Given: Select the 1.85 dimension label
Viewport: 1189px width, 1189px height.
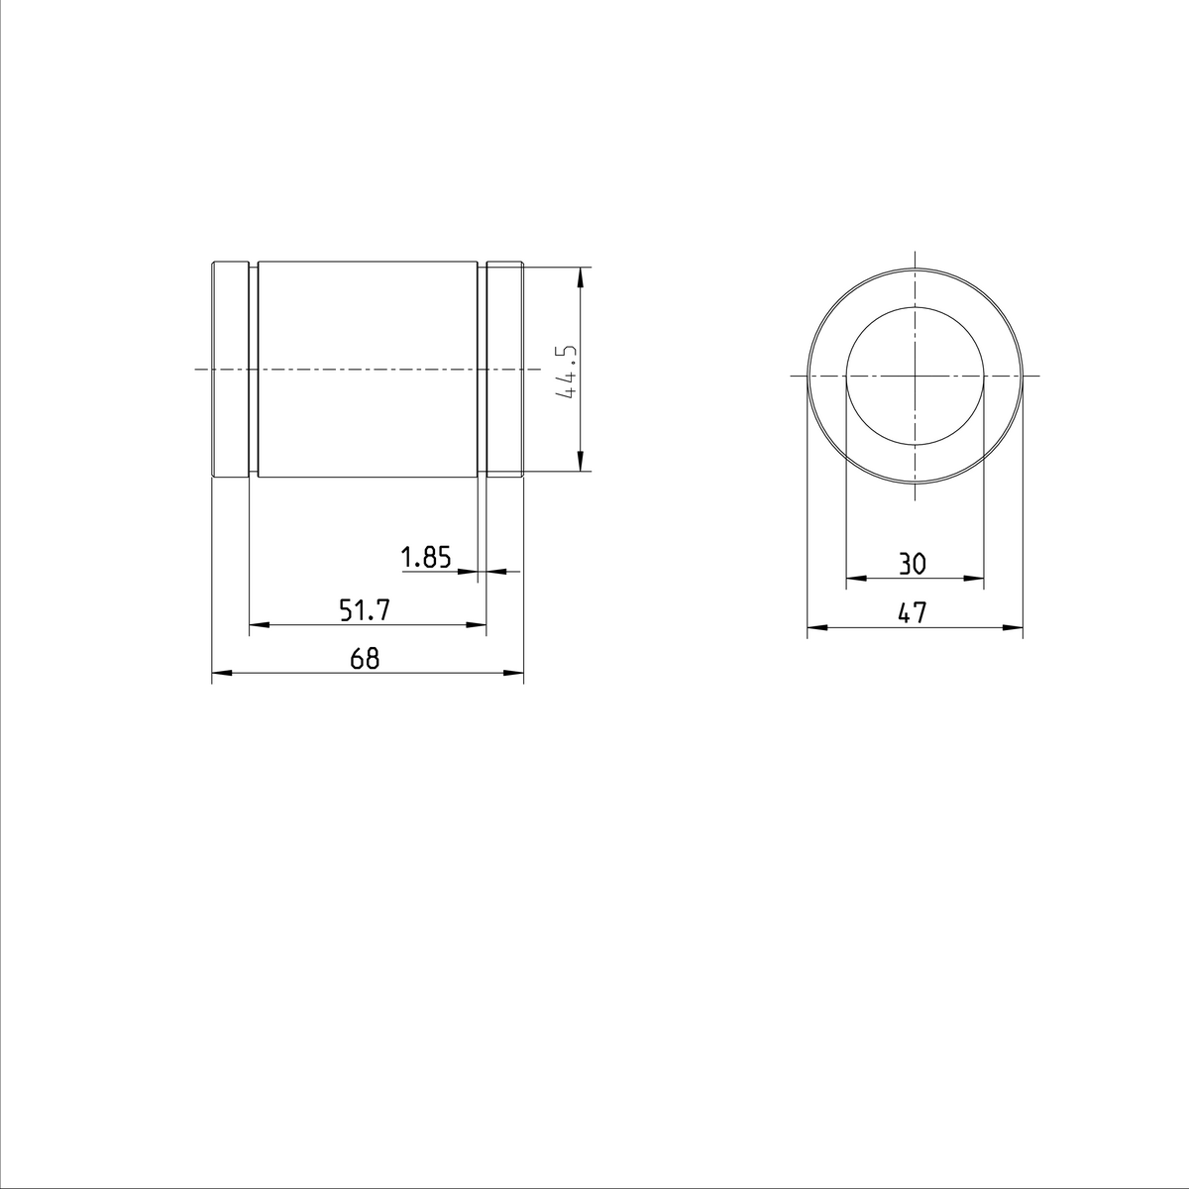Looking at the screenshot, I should (x=426, y=558).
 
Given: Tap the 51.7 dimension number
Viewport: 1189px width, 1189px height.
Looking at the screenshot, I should (x=366, y=611).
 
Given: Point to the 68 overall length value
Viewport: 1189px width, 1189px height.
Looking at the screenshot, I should (x=366, y=659).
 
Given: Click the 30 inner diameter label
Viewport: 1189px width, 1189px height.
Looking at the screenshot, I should (x=912, y=564).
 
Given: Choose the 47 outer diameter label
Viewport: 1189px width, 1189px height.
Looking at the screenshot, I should (x=912, y=612).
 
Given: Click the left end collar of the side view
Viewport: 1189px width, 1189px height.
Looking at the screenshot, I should (x=230, y=370).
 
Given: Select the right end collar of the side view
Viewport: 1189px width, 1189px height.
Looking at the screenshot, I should (x=503, y=370).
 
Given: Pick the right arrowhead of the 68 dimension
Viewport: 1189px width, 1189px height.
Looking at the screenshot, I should (x=514, y=674).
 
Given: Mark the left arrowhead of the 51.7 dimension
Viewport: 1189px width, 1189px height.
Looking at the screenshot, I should (x=257, y=625).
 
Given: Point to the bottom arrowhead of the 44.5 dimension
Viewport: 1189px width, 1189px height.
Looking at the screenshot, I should (x=581, y=463).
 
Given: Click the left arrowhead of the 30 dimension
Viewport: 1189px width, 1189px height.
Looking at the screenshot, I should (x=854, y=579).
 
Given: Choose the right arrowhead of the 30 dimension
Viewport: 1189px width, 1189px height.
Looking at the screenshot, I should (x=976, y=579).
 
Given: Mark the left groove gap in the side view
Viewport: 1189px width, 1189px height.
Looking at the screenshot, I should (x=253, y=370).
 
